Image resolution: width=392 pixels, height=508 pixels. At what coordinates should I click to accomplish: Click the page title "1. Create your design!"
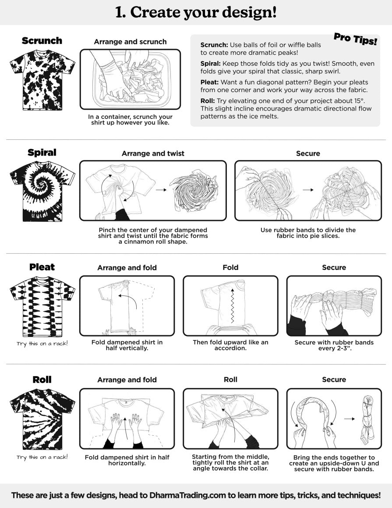tap(196, 12)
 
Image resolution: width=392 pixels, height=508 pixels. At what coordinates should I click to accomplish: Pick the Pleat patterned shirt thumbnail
tap(42, 306)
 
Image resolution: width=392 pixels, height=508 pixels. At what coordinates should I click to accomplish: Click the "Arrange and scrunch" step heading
tap(130, 42)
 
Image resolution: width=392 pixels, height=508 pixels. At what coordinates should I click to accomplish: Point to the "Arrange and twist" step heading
tap(153, 153)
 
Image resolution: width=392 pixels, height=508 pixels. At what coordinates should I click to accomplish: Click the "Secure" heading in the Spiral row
tap(308, 153)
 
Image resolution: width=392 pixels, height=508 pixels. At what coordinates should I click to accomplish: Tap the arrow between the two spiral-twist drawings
tap(161, 190)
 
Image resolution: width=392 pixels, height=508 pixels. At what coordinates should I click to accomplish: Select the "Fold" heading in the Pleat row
tap(230, 267)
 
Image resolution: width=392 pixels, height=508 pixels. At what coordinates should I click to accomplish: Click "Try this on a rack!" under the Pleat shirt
tap(42, 344)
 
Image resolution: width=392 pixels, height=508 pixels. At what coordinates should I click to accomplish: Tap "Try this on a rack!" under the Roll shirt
tap(42, 457)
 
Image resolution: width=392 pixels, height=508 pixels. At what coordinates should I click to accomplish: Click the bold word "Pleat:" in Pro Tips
tap(209, 82)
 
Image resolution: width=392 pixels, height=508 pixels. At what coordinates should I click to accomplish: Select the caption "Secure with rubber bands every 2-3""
tap(334, 345)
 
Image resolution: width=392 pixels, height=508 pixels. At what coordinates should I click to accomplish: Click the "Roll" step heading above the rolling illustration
tap(230, 380)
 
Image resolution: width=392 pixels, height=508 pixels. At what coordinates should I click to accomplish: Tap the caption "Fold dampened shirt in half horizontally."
tap(127, 460)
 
